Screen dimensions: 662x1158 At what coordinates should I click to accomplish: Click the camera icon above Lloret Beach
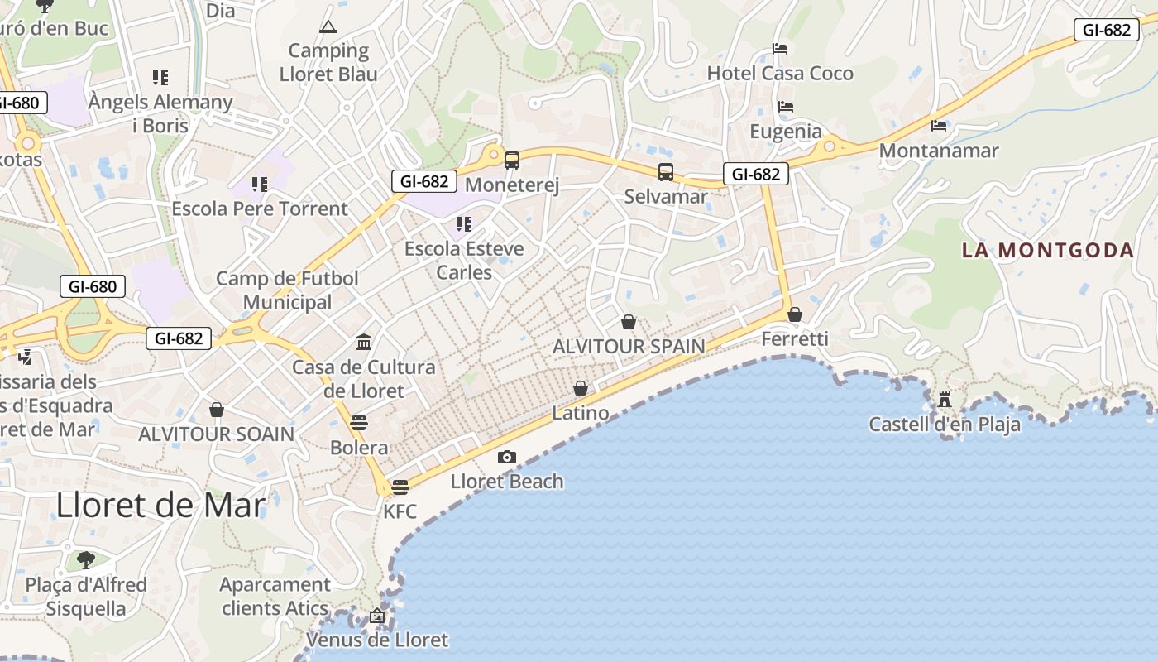[x=507, y=457]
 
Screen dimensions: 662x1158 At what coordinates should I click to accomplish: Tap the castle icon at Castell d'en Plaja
[x=944, y=401]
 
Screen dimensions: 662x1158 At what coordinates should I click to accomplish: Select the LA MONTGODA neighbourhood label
[x=1047, y=250]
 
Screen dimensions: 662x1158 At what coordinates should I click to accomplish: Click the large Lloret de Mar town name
[x=161, y=505]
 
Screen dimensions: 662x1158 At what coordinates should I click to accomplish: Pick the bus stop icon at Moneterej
[x=512, y=161]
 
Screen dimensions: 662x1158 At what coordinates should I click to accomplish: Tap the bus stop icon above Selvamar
[x=666, y=172]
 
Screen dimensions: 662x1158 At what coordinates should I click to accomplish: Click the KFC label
[x=400, y=511]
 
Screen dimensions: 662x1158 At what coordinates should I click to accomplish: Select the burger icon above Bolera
[x=359, y=423]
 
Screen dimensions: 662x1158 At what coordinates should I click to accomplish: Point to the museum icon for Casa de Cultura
[x=363, y=342]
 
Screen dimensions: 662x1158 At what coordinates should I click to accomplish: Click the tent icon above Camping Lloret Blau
[x=328, y=27]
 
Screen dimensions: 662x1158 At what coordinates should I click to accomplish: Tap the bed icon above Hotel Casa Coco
[x=779, y=49]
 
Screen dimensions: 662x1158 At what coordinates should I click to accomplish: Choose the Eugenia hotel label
[x=786, y=132]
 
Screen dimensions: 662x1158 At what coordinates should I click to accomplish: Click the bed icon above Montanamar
[x=939, y=126]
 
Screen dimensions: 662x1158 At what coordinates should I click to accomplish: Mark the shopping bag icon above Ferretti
[x=795, y=314]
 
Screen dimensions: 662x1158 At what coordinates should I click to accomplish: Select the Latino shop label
[x=581, y=413]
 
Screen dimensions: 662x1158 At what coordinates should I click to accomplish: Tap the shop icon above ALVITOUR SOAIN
[x=217, y=410]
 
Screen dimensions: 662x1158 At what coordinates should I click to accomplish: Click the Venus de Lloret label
[x=377, y=640]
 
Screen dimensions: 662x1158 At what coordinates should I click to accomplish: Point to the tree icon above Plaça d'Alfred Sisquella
[x=85, y=560]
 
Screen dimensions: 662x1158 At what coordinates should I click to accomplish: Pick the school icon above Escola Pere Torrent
[x=260, y=184]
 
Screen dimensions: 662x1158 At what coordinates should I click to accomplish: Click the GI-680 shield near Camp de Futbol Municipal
[x=93, y=287]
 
